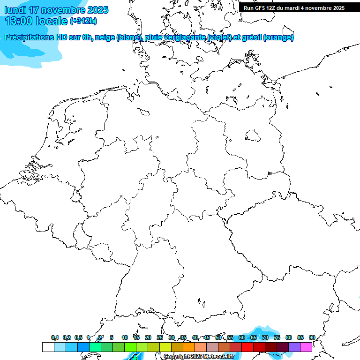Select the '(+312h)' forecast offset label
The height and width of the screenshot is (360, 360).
pyautogui.click(x=83, y=21)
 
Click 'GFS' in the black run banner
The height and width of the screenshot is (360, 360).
pyautogui.click(x=261, y=8)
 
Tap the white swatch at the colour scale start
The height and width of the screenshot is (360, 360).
pyautogui.click(x=48, y=347)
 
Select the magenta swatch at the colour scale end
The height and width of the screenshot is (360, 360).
pyautogui.click(x=306, y=347)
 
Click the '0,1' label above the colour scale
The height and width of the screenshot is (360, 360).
pyautogui.click(x=55, y=337)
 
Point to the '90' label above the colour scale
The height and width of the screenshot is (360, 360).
pyautogui.click(x=312, y=337)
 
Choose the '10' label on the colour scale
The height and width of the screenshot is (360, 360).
pyautogui.click(x=125, y=337)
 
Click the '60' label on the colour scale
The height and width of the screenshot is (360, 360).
pyautogui.click(x=242, y=337)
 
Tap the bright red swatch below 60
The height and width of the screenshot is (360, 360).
pyautogui.click(x=247, y=347)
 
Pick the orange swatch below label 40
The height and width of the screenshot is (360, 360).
pyautogui.click(x=189, y=347)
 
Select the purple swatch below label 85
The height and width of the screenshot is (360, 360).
pyautogui.click(x=294, y=347)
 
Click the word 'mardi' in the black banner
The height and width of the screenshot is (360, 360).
pyautogui.click(x=293, y=8)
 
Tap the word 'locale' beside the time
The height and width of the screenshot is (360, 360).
pyautogui.click(x=50, y=21)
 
